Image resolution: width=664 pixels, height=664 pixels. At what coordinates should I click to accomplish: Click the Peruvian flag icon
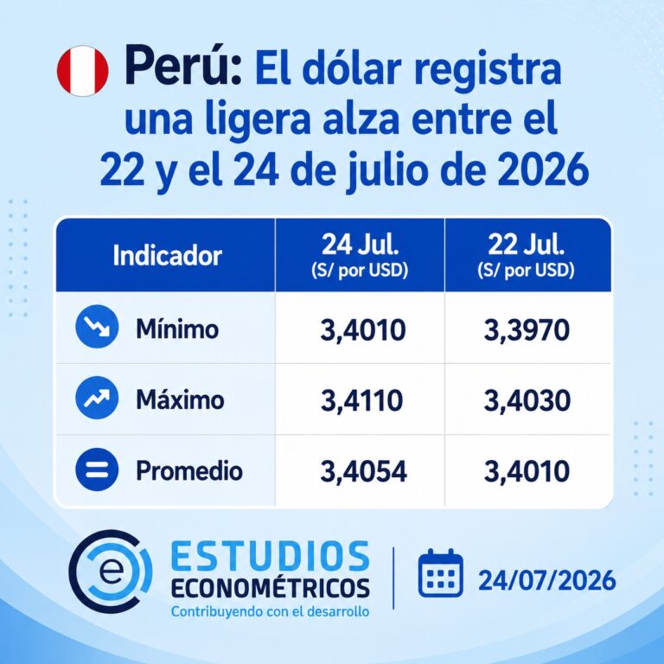(83, 71)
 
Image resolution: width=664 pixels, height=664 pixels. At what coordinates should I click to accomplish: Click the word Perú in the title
(183, 67)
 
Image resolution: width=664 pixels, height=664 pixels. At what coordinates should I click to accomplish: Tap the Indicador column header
(167, 255)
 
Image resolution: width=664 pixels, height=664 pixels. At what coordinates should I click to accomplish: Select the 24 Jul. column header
(360, 255)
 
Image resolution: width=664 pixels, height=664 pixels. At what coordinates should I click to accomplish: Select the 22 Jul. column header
(526, 255)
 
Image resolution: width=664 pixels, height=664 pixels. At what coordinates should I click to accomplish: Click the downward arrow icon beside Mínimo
(97, 327)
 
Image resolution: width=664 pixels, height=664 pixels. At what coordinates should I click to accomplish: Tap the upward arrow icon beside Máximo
(97, 398)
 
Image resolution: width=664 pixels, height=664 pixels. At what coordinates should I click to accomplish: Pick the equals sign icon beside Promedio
(97, 469)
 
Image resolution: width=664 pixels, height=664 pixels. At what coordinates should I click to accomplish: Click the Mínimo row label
(177, 329)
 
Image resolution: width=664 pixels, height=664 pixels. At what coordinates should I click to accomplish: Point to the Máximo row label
(180, 399)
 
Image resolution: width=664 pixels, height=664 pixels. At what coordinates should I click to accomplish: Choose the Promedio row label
(189, 471)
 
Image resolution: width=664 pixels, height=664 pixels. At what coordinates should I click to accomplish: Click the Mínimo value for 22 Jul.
(527, 331)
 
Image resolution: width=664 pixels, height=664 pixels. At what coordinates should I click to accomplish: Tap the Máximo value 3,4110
(361, 400)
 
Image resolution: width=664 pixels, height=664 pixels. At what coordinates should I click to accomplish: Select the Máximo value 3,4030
(527, 400)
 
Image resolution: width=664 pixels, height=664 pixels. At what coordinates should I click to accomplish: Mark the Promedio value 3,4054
(364, 472)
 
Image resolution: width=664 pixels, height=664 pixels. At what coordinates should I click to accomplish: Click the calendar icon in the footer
(440, 573)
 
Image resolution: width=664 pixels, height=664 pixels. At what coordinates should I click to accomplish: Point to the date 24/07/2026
(547, 580)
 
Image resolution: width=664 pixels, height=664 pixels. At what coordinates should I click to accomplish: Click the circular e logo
(110, 571)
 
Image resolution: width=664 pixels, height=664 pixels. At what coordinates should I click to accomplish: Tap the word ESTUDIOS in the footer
(271, 556)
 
